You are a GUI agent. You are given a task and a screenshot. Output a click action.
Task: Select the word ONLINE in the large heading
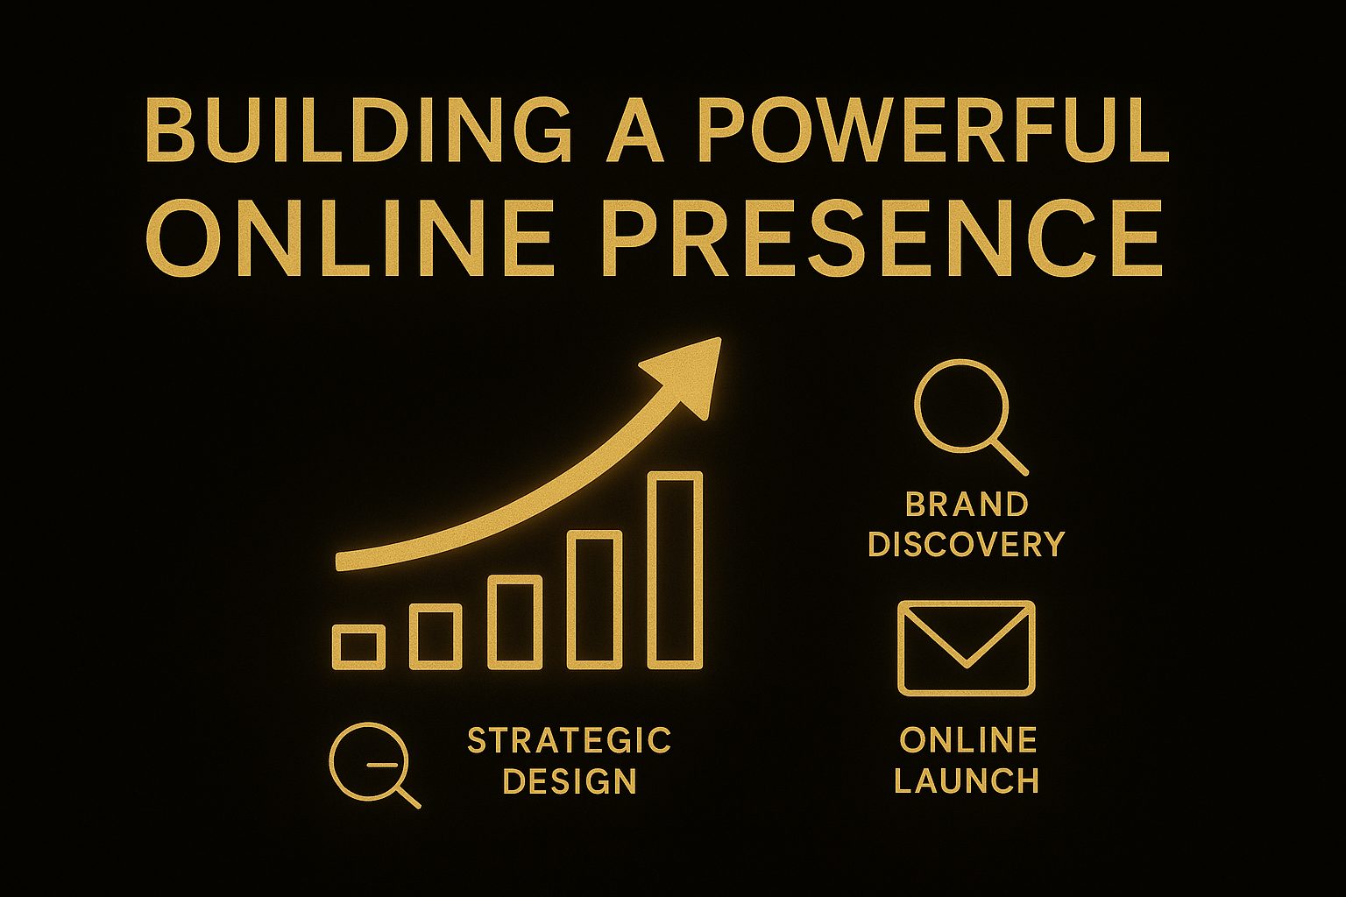pyautogui.click(x=349, y=238)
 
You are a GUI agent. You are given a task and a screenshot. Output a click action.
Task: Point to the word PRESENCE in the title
pyautogui.click(x=882, y=238)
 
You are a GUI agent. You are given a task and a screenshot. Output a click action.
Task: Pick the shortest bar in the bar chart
pyautogui.click(x=358, y=647)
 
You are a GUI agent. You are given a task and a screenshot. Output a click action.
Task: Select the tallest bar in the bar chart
pyautogui.click(x=675, y=570)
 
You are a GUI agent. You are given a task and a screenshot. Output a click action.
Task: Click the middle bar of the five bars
pyautogui.click(x=515, y=623)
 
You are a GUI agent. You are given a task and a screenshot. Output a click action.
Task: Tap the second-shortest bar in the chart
pyautogui.click(x=436, y=637)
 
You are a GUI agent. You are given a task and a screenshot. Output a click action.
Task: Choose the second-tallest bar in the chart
pyautogui.click(x=595, y=599)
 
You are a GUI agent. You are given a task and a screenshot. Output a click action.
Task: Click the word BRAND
pyautogui.click(x=967, y=505)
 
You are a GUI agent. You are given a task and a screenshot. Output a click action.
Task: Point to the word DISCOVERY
pyautogui.click(x=967, y=544)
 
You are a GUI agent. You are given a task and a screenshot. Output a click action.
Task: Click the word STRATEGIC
pyautogui.click(x=569, y=740)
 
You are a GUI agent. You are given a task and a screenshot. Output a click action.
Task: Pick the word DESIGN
pyautogui.click(x=569, y=781)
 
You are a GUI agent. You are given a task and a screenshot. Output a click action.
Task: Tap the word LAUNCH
pyautogui.click(x=967, y=781)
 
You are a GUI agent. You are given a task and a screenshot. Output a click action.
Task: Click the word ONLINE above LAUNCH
pyautogui.click(x=968, y=740)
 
